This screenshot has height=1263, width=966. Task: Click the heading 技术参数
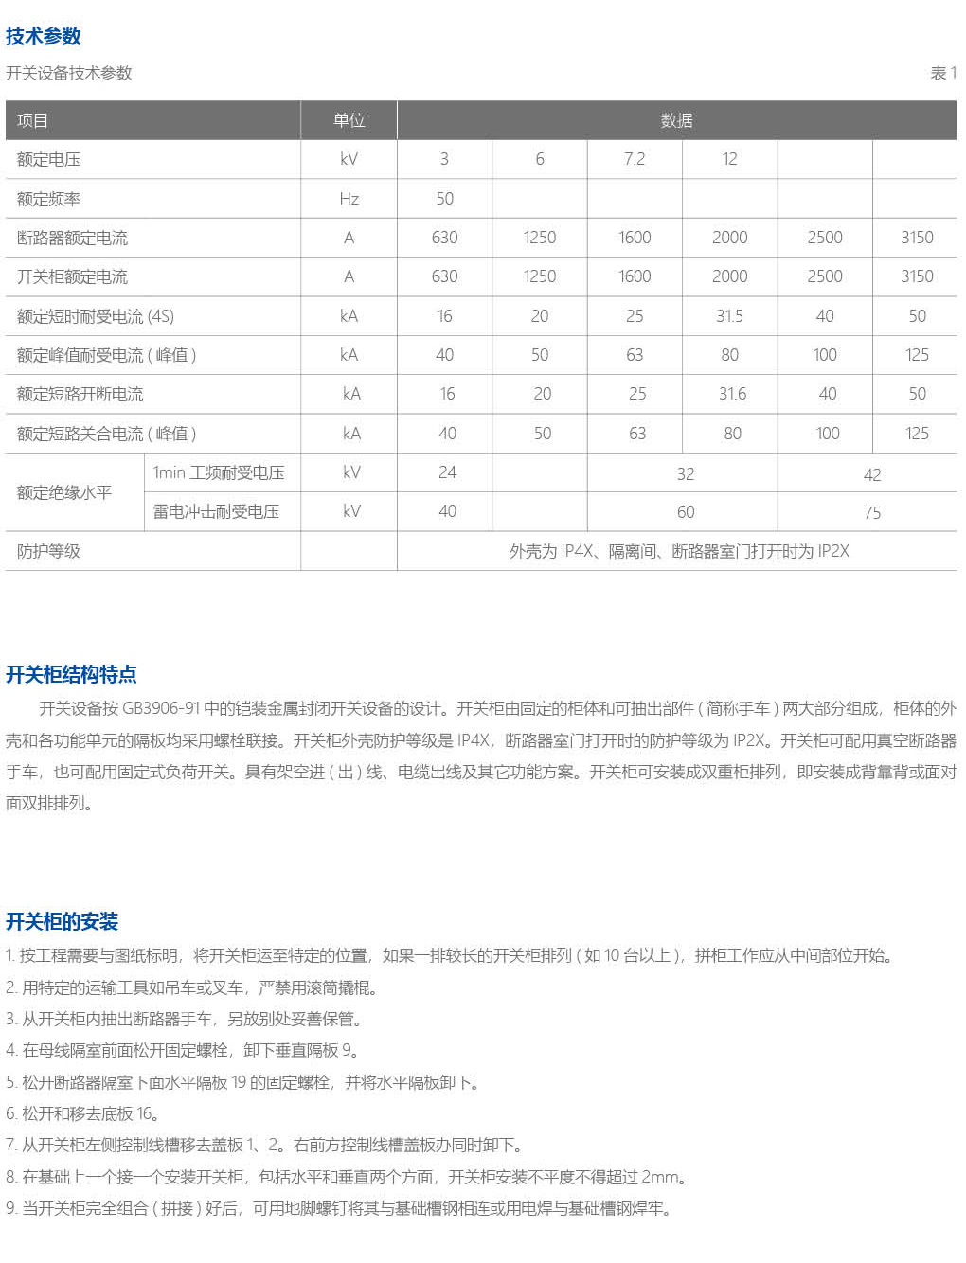pos(44,36)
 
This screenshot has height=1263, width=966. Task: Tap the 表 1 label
pos(943,73)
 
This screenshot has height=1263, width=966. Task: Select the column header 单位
pos(349,120)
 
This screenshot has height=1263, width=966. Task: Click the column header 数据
pos(676,120)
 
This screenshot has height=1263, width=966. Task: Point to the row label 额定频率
pos(48,199)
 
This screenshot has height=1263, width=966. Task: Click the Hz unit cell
pos(349,199)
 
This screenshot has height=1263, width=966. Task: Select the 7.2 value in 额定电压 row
pos(635,159)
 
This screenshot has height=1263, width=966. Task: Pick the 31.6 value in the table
pos(732,394)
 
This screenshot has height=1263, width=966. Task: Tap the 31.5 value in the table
pos(729,316)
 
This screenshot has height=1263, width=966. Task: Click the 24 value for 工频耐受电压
pos(447,472)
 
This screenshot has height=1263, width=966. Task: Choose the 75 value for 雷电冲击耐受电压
pos(872,513)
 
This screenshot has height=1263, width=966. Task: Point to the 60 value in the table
pos(686,512)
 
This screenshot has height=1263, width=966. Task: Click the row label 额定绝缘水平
pos(64,492)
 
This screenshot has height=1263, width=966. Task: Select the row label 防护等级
pos(48,551)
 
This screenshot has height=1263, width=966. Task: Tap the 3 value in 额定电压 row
pos(444,159)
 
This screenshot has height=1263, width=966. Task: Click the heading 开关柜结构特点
pos(71,674)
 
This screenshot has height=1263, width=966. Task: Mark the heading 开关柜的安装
pos(62,921)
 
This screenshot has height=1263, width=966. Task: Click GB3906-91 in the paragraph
pos(160,708)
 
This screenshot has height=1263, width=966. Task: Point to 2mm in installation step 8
pos(661,1177)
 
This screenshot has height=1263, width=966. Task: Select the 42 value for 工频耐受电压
pos(872,474)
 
